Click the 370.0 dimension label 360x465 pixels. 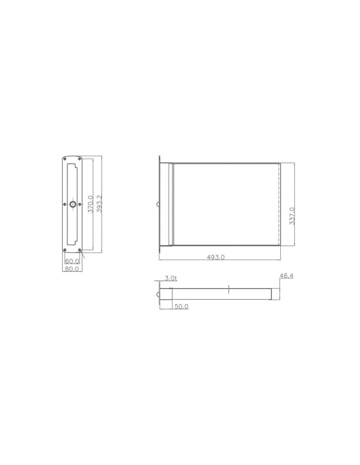(x=91, y=204)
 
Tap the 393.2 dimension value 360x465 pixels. (x=99, y=204)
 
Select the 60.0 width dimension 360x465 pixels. (x=72, y=261)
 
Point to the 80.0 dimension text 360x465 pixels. (x=72, y=269)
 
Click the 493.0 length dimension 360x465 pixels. (x=216, y=257)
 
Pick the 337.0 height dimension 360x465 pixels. (x=292, y=216)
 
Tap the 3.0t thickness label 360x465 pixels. (x=171, y=278)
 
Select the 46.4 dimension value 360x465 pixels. (x=287, y=276)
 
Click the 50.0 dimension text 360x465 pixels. (x=182, y=306)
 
